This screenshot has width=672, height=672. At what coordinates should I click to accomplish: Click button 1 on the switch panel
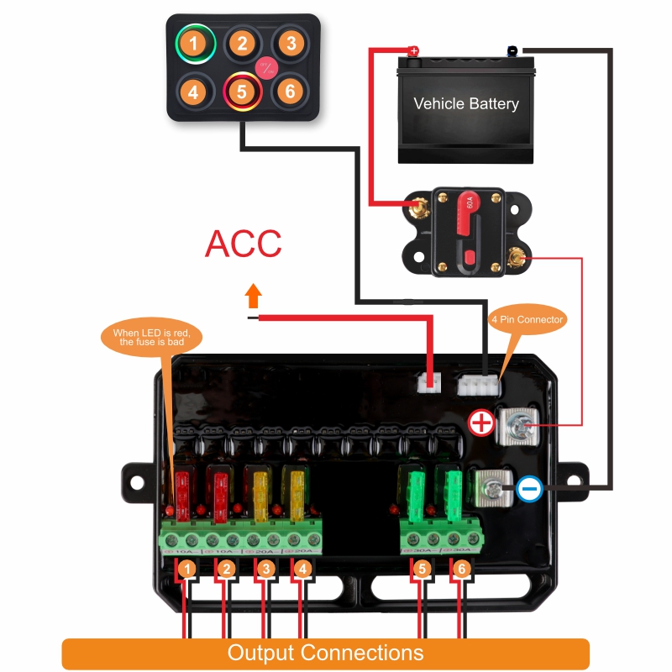click(195, 42)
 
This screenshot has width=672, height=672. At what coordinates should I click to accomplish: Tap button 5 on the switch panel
click(241, 90)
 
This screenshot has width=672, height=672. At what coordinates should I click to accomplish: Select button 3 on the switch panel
click(290, 42)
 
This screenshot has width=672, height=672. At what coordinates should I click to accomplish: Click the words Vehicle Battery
click(466, 104)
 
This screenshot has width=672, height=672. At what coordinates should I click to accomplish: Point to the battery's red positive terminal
click(413, 51)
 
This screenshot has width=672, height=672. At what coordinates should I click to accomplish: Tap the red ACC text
click(244, 244)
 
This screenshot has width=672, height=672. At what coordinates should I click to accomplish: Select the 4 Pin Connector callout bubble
click(528, 320)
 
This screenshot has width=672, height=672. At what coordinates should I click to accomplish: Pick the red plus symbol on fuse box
click(481, 423)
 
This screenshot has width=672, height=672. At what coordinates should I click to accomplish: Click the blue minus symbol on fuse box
click(529, 489)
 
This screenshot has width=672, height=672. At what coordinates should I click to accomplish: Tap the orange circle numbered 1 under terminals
click(189, 570)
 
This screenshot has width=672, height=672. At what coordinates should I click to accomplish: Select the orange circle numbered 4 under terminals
click(302, 570)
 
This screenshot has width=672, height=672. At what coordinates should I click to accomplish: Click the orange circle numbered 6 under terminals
click(460, 570)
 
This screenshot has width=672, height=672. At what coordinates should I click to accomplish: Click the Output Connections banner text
click(326, 653)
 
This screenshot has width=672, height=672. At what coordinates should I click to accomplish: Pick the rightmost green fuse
click(454, 491)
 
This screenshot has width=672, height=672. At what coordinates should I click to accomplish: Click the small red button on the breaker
click(469, 257)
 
